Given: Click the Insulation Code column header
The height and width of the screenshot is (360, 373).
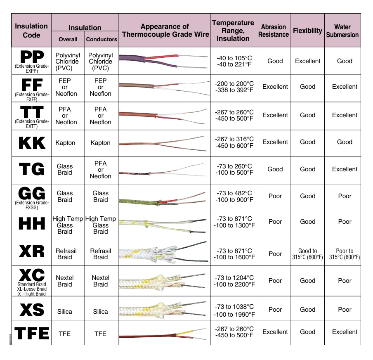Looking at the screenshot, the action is click(31, 31).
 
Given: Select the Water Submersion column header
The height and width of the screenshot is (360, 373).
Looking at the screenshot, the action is click(342, 31).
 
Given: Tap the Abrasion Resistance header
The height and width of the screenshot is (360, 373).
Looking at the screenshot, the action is click(274, 31).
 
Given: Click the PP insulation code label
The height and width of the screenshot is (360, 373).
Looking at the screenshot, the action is click(32, 57).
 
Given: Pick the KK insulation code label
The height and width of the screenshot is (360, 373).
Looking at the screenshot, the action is click(32, 143).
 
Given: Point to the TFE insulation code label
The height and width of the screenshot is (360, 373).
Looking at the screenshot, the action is click(32, 333).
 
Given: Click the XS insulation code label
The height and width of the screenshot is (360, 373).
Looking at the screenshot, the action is click(32, 310).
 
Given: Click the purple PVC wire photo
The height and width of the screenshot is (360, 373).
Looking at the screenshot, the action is click(164, 61).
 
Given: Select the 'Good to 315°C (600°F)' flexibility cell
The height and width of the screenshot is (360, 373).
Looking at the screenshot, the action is click(307, 254).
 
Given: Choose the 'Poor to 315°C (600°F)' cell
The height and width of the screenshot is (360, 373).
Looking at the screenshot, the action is click(345, 254).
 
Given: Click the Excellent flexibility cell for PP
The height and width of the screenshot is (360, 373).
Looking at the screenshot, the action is click(307, 61).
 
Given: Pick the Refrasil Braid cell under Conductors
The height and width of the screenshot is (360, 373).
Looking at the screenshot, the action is click(100, 254).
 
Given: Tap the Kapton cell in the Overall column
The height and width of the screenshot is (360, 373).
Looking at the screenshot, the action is click(65, 143).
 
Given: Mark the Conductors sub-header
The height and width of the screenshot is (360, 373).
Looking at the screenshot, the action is click(102, 39).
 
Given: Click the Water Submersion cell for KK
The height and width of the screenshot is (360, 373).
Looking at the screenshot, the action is click(345, 142).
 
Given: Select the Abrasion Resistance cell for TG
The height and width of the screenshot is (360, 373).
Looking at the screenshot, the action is click(275, 169).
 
